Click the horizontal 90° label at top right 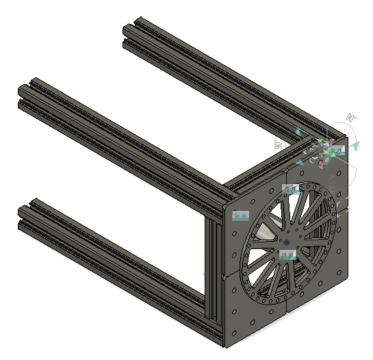tap(351, 117)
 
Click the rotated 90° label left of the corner tap(278, 144)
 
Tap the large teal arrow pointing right tap(355, 146)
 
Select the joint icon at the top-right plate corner tap(335, 150)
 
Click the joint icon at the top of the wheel tap(291, 190)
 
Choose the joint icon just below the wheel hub tap(287, 255)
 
